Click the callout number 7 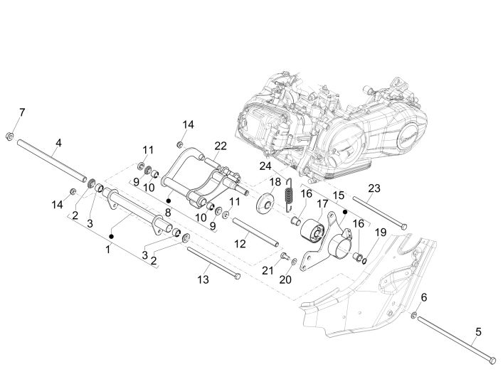tap(21, 113)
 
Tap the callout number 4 tap(58, 142)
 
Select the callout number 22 tap(221, 146)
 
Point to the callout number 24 tap(265, 166)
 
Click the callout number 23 tap(374, 188)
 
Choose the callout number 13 tap(203, 279)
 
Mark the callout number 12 tap(240, 243)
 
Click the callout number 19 tap(381, 232)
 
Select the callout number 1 tap(108, 249)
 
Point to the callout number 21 tap(268, 269)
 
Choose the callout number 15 tap(339, 193)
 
